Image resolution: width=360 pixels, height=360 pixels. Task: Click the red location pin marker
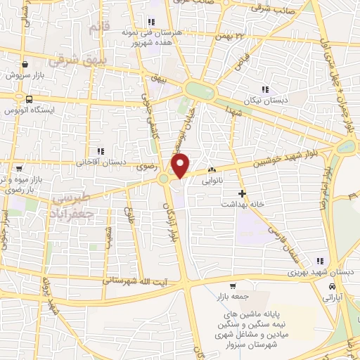181,165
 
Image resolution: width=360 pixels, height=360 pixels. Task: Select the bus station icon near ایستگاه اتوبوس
29,99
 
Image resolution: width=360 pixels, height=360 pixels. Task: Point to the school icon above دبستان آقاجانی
101,150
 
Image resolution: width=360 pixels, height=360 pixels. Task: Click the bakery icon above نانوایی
212,169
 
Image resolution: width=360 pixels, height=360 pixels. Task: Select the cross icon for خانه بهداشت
243,193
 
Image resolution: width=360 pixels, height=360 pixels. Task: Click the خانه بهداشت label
243,204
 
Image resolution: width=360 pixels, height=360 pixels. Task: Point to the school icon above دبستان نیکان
265,89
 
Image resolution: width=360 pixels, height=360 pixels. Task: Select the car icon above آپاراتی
332,287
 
